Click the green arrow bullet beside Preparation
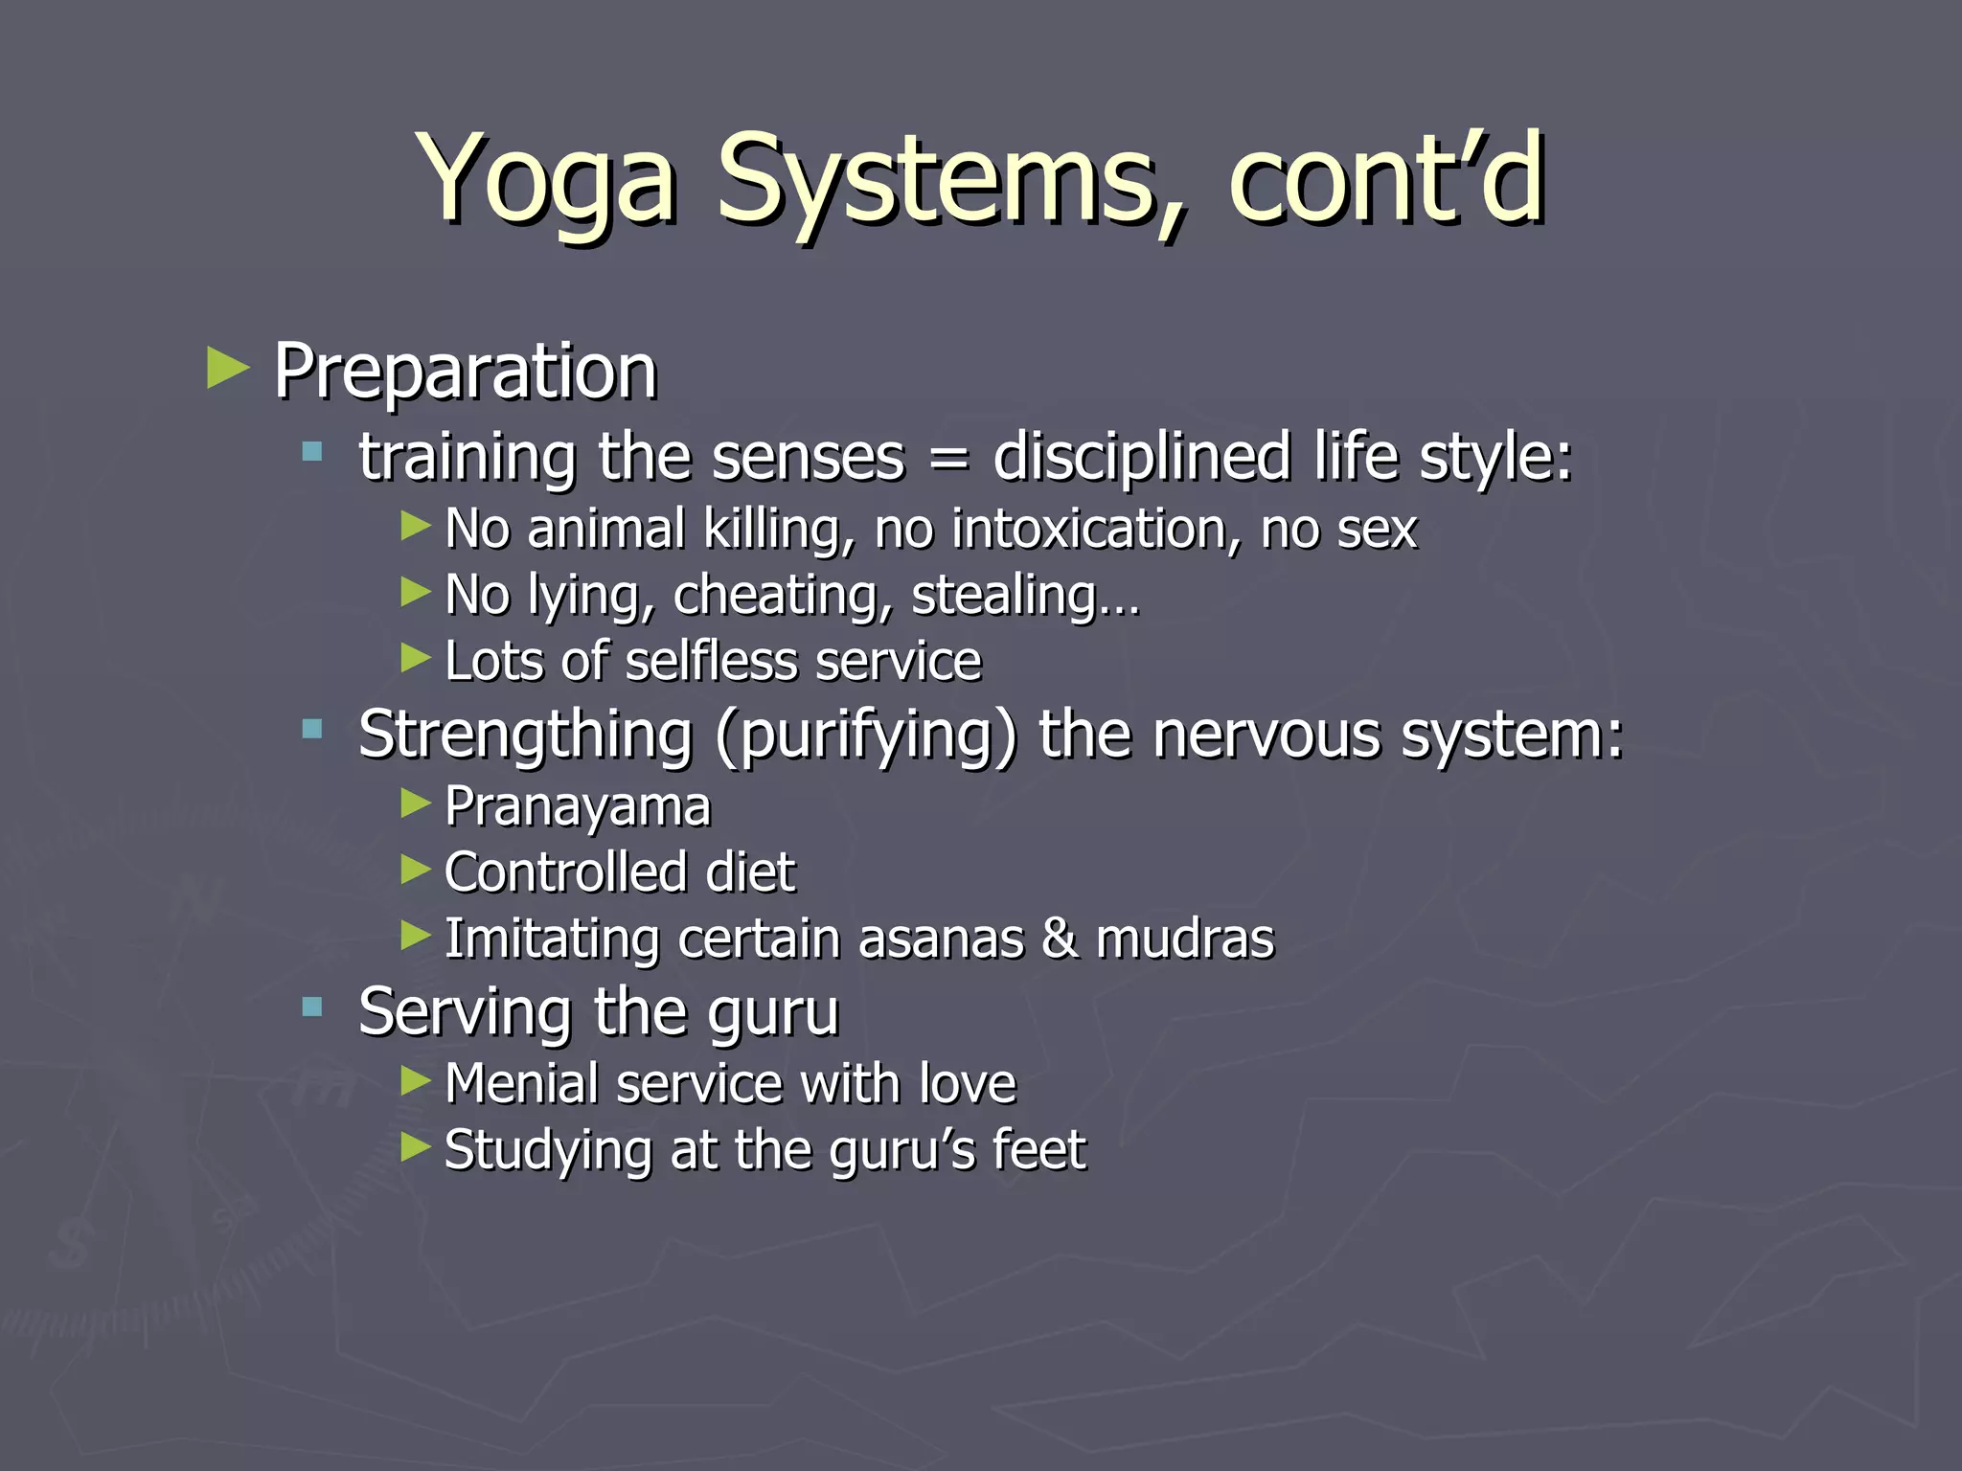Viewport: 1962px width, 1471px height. coord(228,369)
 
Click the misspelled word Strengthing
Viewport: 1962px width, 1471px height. coord(525,735)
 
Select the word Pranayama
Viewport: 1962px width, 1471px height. coord(578,806)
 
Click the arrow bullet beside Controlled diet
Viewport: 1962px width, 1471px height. coord(416,870)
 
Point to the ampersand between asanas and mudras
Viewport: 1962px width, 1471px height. coord(1060,939)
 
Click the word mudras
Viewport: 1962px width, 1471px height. coord(1185,939)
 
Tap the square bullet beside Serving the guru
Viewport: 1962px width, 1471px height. coord(312,1007)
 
